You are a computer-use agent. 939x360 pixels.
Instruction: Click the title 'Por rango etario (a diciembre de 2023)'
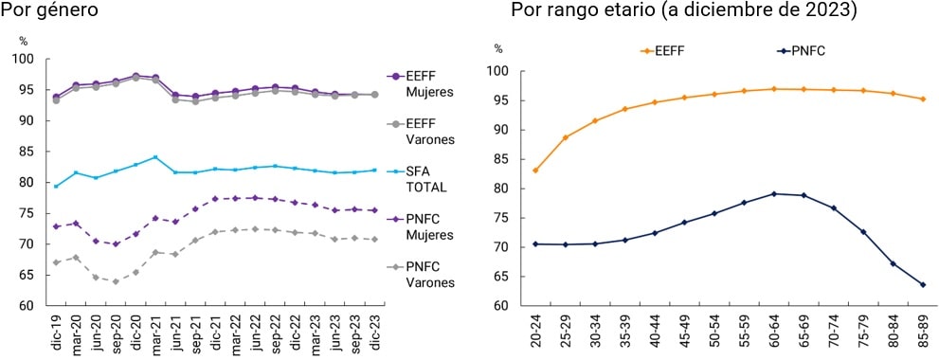[x=683, y=10]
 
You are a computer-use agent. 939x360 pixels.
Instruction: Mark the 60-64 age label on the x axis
[x=774, y=331]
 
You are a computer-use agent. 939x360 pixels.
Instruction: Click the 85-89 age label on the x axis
[x=922, y=331]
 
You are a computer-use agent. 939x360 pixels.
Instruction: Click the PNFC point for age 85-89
[x=922, y=284]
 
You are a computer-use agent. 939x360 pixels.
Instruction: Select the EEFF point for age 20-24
[x=536, y=171]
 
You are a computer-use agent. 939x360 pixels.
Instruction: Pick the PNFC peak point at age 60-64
[x=774, y=193]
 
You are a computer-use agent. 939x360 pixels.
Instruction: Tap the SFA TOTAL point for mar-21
[x=155, y=157]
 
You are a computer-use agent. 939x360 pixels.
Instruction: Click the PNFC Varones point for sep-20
[x=116, y=281]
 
